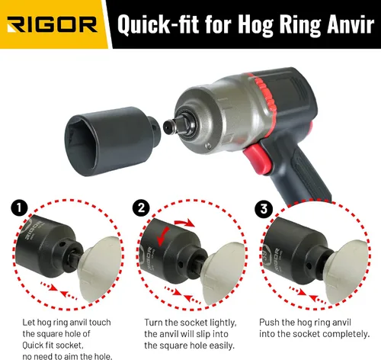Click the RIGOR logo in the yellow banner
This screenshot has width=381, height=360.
[52, 24]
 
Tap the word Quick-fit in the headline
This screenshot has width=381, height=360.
[158, 24]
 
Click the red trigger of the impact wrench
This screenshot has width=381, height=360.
[257, 158]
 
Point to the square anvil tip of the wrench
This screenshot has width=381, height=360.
[170, 125]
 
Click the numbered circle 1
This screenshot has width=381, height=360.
[19, 209]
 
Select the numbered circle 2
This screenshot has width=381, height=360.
[141, 208]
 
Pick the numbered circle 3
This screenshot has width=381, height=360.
[264, 209]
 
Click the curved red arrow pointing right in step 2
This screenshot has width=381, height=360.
[184, 223]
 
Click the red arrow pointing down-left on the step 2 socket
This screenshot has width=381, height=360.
[162, 237]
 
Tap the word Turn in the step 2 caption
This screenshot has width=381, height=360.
[154, 323]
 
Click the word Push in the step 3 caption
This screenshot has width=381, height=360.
[269, 323]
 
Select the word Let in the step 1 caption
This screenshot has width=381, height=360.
[29, 323]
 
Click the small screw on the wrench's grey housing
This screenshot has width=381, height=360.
[209, 146]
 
